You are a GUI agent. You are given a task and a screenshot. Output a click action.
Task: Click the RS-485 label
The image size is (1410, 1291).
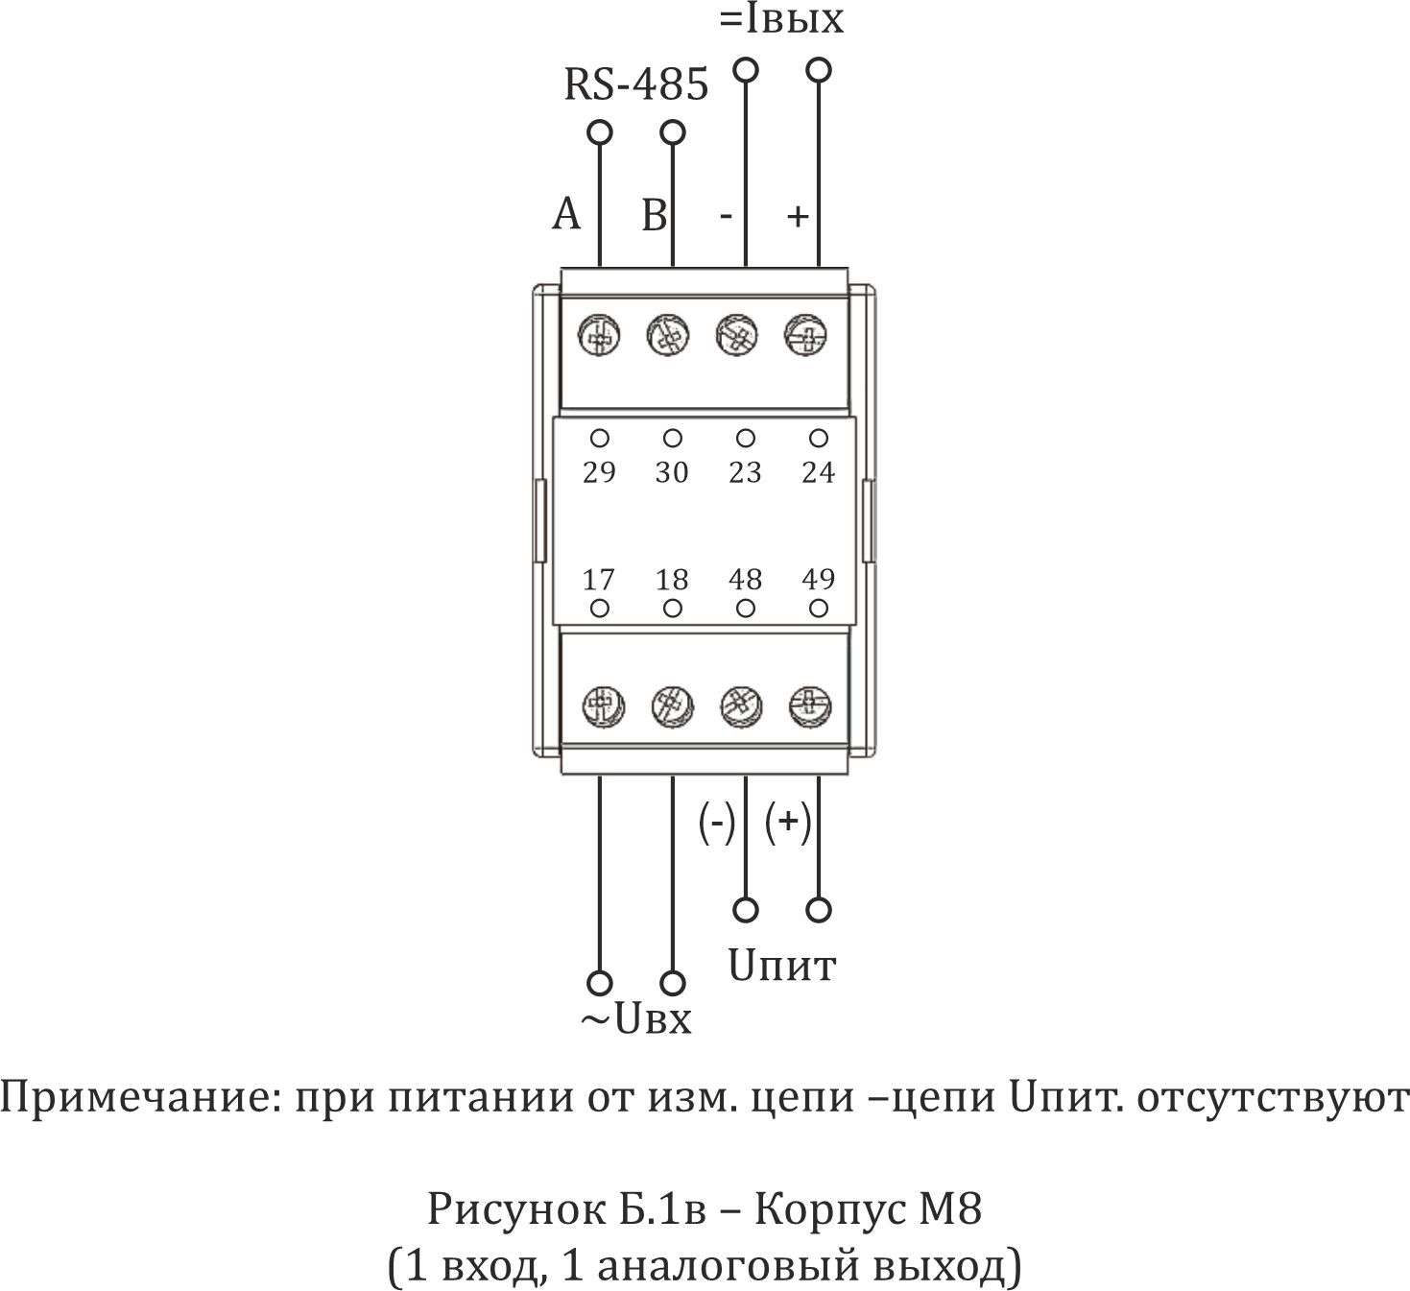coord(635,85)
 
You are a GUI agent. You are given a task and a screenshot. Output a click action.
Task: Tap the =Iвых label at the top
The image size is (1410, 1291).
coord(781,20)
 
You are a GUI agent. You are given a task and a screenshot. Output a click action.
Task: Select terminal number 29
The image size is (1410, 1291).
coord(599,472)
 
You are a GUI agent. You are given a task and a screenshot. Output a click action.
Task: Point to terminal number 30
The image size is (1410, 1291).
coord(672,472)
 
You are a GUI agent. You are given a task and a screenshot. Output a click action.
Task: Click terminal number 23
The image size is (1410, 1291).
coord(745,472)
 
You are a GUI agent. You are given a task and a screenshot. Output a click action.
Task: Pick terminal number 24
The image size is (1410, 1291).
coord(818,472)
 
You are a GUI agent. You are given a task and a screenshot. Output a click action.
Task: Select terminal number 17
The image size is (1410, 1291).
coord(599,580)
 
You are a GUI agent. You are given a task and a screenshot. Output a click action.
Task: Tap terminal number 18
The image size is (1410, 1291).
coord(672,580)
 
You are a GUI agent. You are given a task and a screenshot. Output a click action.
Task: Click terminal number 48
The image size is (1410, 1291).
coord(745,580)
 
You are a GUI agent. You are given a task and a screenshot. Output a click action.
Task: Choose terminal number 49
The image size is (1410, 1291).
coord(818,580)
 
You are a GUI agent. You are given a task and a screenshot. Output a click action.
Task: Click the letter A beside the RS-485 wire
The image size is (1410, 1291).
coord(566,215)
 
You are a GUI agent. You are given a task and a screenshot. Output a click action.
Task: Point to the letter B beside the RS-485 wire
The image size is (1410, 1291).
coord(654,215)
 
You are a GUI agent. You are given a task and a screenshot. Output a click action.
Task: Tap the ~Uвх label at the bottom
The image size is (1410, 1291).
coord(634,1020)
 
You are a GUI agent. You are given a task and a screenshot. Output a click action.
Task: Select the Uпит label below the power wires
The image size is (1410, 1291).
coord(782,966)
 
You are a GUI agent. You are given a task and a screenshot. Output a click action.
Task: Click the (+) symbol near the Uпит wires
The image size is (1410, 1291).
coord(788,822)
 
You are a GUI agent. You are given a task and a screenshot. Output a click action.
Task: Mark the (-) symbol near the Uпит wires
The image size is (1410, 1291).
coord(716,822)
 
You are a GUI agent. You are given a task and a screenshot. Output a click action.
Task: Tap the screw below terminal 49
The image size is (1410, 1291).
coord(809,706)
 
